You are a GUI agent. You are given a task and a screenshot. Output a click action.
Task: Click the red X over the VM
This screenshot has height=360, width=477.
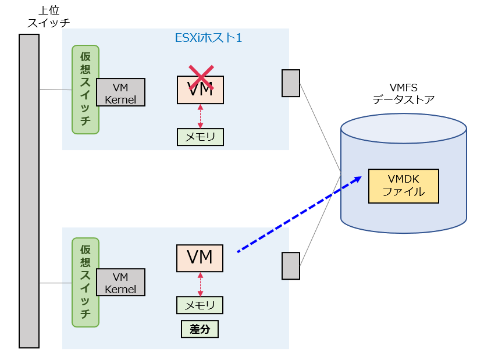200,79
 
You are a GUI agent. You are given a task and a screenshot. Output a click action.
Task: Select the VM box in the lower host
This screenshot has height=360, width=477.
200,258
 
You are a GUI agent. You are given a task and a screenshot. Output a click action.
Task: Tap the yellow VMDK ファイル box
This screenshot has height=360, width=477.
403,186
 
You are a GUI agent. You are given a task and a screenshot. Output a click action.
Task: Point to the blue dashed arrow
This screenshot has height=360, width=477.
297,215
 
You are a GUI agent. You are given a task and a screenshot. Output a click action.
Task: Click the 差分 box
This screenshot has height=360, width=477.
200,329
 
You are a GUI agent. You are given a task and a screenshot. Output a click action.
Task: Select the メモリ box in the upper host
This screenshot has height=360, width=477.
200,137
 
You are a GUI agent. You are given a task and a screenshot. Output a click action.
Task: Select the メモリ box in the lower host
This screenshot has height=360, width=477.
200,305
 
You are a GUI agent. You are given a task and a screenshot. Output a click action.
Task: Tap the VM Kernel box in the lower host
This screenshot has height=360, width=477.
120,282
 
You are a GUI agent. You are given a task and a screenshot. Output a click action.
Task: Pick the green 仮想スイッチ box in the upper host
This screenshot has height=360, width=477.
86,90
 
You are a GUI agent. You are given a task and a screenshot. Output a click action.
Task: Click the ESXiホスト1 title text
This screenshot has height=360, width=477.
209,38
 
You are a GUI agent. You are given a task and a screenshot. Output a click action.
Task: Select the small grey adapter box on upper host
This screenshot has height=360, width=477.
291,83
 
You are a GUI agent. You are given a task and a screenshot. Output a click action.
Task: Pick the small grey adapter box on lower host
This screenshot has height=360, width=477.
291,266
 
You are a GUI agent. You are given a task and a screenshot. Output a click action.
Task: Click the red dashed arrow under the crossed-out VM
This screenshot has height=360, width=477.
200,116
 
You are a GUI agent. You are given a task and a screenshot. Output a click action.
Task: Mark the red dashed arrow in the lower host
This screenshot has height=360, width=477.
200,284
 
